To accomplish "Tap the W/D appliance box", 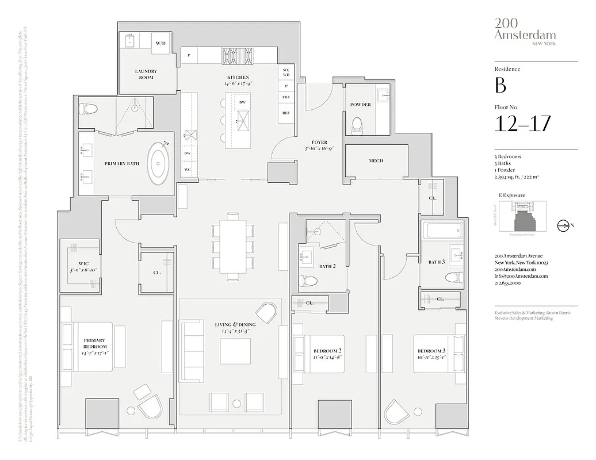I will coord(161,43).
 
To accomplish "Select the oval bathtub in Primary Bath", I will coord(159,164).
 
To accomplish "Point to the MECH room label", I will coord(376,161).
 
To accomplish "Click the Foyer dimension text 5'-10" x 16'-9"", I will coord(319,149).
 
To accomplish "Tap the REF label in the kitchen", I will coord(286,113).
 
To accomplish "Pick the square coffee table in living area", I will coord(235,351).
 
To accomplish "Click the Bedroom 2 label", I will coord(328,351).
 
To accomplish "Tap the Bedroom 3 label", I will coord(431,351).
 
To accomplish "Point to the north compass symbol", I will coord(563,226).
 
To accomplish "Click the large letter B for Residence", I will coord(500,86).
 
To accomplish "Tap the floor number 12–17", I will coord(522,123).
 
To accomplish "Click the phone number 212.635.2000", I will coord(508,283).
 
